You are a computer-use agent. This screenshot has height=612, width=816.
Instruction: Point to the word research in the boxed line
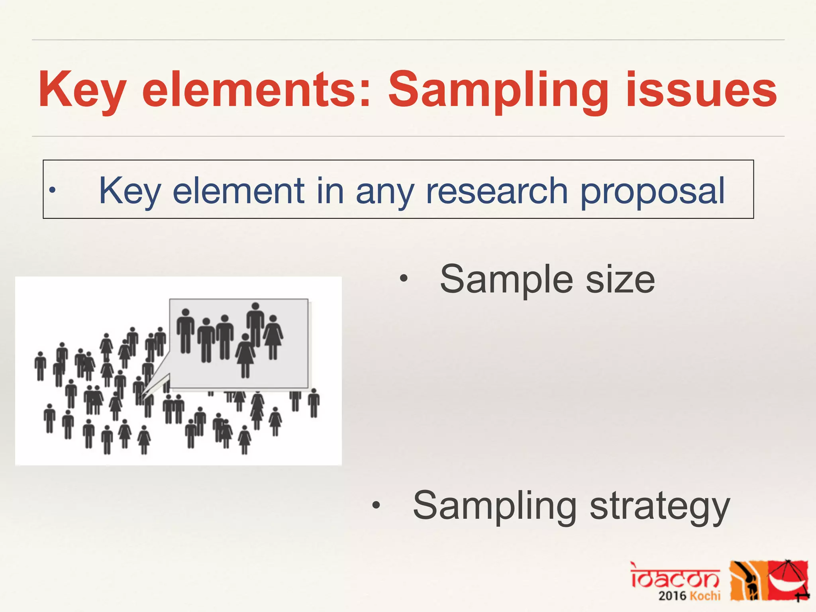(496, 191)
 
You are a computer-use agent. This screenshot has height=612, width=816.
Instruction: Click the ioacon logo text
(675, 576)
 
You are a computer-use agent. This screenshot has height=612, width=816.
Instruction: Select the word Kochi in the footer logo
(705, 596)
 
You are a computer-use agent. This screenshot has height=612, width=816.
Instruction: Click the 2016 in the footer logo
(672, 596)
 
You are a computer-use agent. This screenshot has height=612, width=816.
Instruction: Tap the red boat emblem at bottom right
(789, 580)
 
